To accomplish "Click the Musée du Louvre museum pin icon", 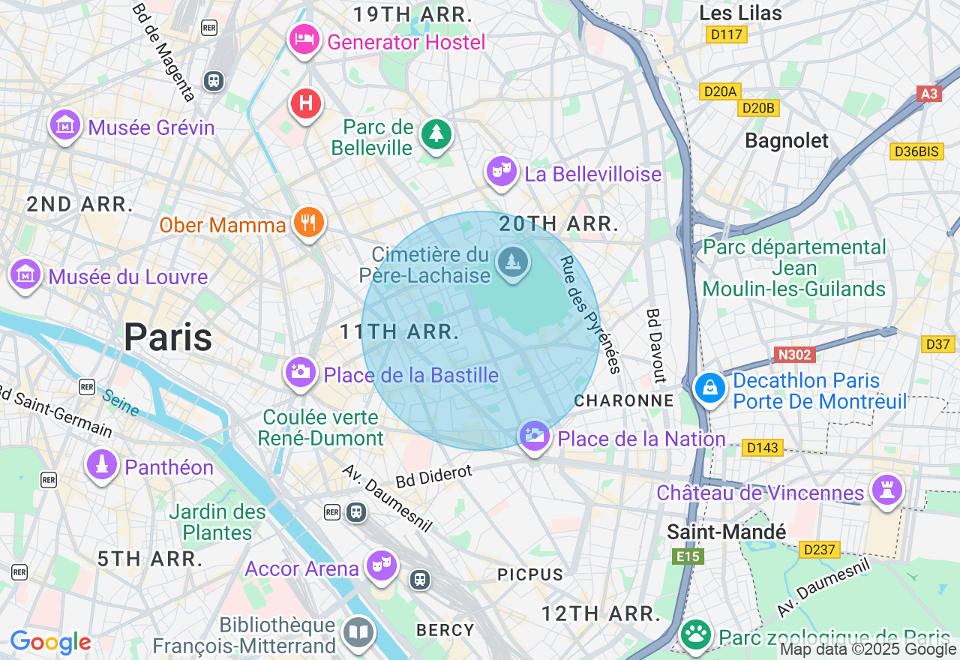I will (x=25, y=274).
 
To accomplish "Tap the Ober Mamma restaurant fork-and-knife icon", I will (x=308, y=222).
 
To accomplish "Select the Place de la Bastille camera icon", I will (x=300, y=371).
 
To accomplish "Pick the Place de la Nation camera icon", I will (x=534, y=436).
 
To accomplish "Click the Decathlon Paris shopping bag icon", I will (x=709, y=388).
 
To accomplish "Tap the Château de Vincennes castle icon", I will (x=886, y=490).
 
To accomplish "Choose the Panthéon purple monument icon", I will (x=102, y=464).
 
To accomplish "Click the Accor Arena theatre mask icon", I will (x=381, y=565).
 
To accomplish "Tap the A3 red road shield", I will (x=928, y=94).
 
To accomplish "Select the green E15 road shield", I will (x=687, y=556).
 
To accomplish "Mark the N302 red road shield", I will (x=793, y=354).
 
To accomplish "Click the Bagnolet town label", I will (x=787, y=140).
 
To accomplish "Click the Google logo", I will (x=50, y=643).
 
